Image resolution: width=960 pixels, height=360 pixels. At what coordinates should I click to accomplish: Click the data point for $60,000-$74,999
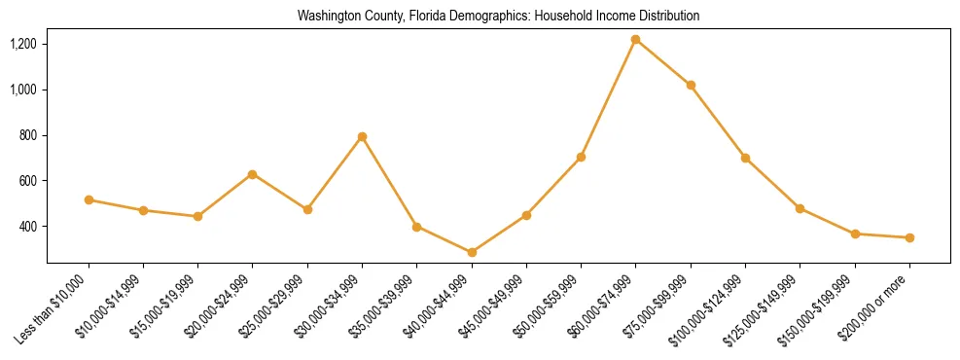click(635, 40)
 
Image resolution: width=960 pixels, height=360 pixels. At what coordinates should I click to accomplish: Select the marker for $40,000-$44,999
click(472, 252)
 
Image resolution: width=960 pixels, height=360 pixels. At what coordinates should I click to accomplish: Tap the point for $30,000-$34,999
click(362, 137)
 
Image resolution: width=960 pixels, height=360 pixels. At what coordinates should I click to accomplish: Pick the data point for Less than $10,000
click(89, 199)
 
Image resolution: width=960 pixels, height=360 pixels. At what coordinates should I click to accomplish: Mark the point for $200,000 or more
click(909, 237)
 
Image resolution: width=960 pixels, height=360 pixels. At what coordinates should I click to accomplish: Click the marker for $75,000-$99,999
click(691, 86)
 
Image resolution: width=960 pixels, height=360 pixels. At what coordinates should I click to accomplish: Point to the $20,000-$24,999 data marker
click(253, 174)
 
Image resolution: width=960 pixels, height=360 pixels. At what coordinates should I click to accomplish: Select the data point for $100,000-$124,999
click(745, 158)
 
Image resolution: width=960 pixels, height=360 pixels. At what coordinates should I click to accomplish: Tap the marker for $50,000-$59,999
click(581, 157)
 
